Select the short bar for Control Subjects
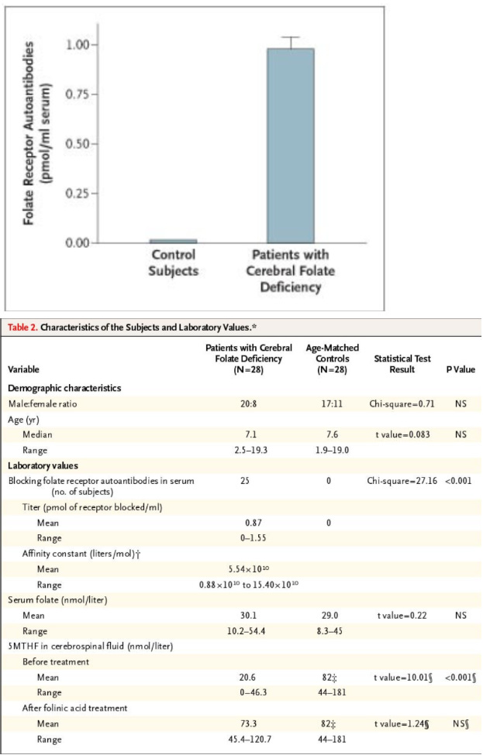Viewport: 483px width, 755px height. click(x=173, y=241)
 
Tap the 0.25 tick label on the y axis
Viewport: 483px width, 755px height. click(x=78, y=194)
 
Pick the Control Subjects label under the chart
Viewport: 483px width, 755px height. click(x=173, y=263)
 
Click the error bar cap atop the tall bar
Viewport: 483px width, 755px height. click(x=291, y=37)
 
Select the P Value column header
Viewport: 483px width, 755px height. click(x=461, y=369)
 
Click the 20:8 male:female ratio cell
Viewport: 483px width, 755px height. click(x=249, y=403)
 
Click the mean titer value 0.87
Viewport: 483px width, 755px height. click(x=249, y=523)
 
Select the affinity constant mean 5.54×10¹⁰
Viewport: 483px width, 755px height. click(x=249, y=569)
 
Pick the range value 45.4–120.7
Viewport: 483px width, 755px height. click(x=249, y=740)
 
